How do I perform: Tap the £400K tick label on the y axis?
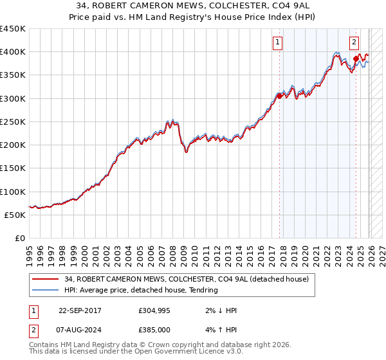pos(13,52)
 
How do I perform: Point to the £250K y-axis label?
pos(13,122)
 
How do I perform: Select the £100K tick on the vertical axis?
pos(13,192)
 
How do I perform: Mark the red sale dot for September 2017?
pos(279,96)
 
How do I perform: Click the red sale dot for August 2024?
pos(355,59)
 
